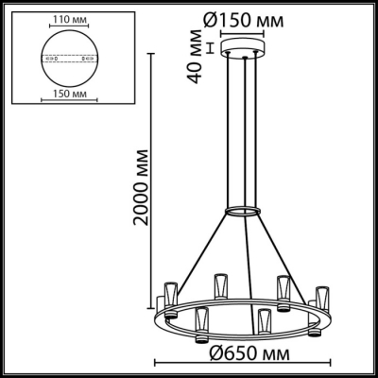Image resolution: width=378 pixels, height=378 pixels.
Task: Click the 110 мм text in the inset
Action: click(60, 18)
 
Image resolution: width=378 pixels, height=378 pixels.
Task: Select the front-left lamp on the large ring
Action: click(200, 323)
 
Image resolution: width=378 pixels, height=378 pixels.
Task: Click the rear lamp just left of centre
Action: click(220, 283)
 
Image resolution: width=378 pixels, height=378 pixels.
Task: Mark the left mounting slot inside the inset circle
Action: click(46, 57)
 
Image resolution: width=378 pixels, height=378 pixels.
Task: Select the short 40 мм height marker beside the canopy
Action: click(210, 49)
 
